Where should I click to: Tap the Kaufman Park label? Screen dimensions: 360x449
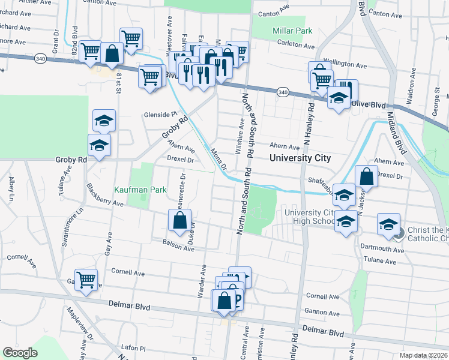coord(141,190)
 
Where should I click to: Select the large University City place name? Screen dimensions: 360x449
coord(300,158)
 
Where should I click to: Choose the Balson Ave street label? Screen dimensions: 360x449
coord(178,245)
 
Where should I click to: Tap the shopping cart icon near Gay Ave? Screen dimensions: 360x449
coord(86,279)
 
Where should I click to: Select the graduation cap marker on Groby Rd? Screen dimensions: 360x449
coord(100,145)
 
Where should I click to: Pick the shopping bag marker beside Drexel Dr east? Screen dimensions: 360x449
coord(366,177)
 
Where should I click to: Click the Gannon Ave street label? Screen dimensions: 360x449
coord(319,312)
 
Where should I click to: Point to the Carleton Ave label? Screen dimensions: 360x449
coord(297,46)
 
